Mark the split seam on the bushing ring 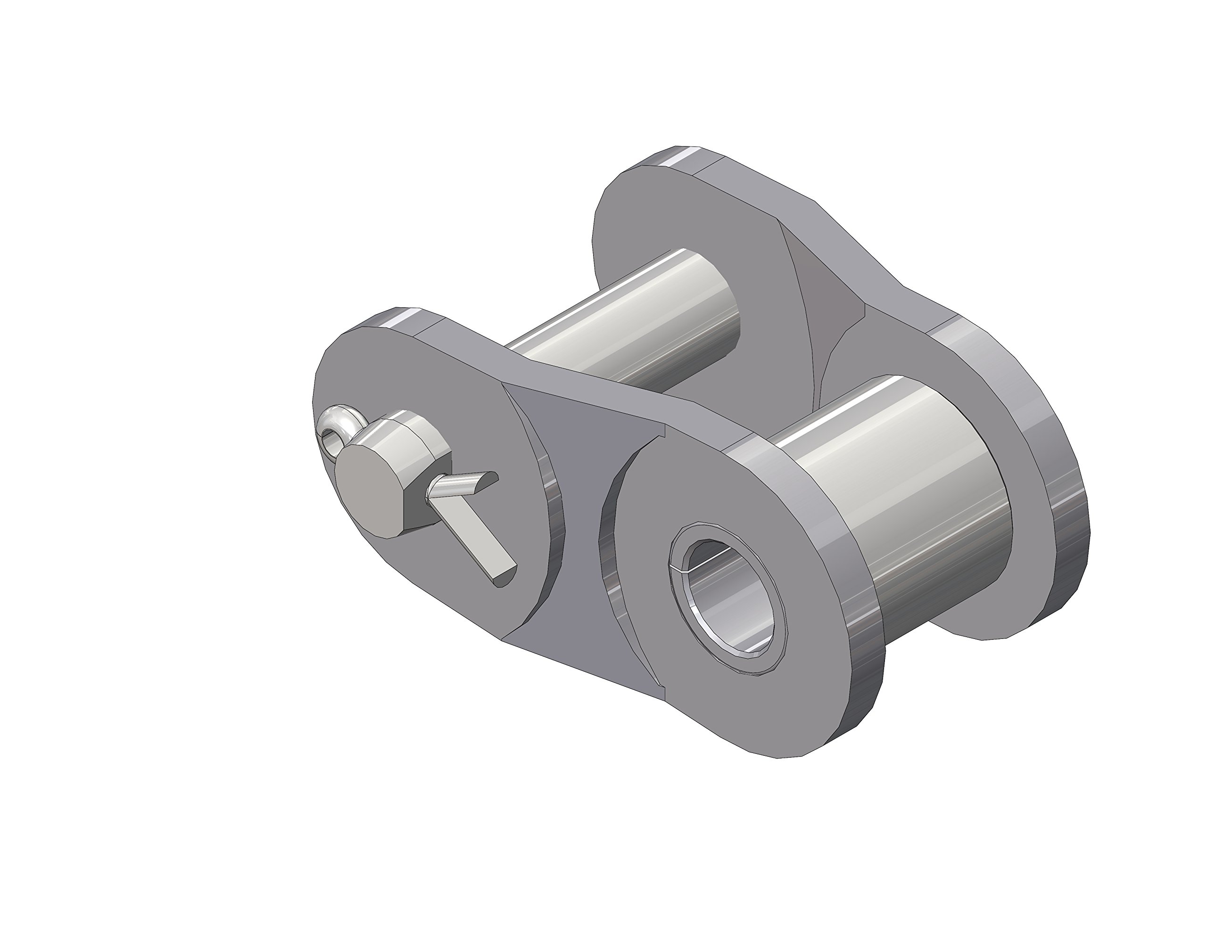(x=677, y=567)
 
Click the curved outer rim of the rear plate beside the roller (x=1066, y=531)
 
